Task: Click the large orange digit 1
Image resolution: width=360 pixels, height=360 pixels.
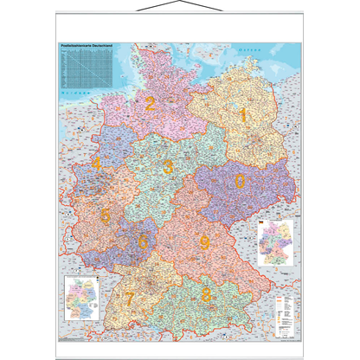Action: coord(243,113)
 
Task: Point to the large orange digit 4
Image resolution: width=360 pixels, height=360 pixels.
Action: coord(96,164)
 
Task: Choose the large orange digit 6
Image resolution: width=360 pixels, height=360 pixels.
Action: coord(143,243)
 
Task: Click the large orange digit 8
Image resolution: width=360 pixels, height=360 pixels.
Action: coord(206,295)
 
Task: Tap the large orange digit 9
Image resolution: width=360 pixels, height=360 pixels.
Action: coord(204,242)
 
